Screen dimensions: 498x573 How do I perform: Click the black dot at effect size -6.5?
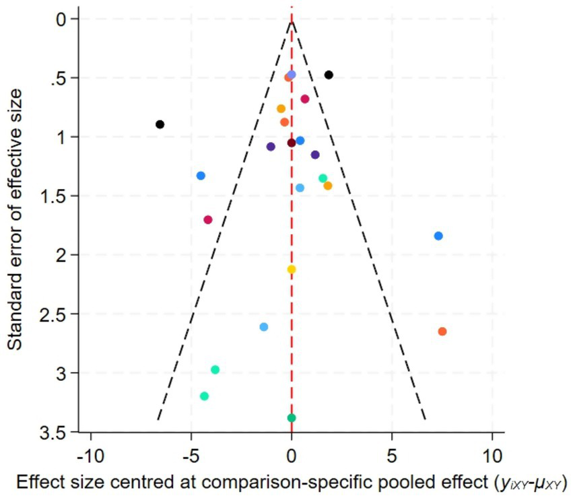coord(160,124)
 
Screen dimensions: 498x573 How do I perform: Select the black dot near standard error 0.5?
coord(329,75)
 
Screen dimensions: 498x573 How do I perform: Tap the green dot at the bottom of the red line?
coord(292,418)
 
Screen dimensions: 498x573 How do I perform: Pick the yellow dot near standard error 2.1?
coord(292,269)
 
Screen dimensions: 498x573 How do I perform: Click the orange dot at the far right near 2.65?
coord(442,331)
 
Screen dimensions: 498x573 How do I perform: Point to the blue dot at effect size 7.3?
coord(438,236)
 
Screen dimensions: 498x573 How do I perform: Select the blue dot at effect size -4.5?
coord(201,176)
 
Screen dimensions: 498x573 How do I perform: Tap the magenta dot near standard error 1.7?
coord(208,220)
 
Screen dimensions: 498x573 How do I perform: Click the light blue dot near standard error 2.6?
coord(264,327)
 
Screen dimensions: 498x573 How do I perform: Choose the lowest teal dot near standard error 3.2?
coord(205,396)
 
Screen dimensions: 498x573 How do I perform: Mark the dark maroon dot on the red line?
coord(292,143)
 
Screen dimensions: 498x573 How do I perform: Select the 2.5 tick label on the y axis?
coord(59,314)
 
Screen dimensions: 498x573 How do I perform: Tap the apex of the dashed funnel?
coord(292,22)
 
